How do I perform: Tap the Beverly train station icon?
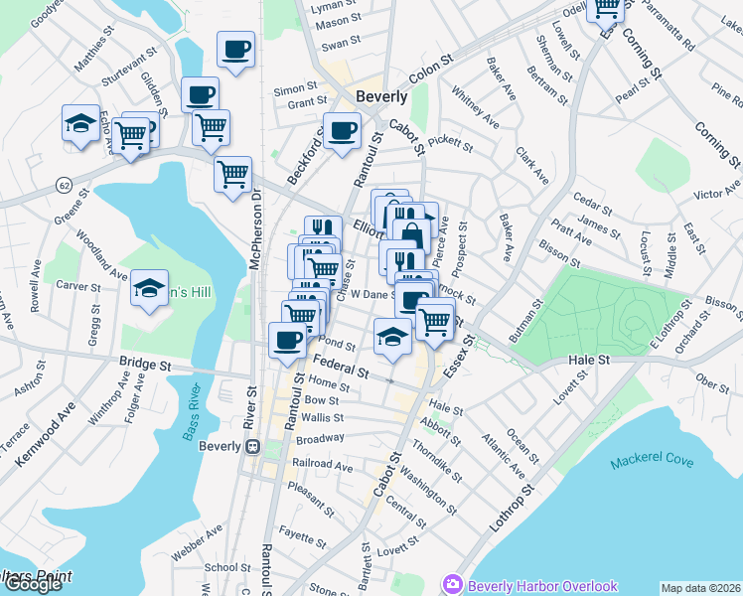[x=253, y=446]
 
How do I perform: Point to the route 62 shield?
[x=63, y=184]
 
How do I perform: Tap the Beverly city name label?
[x=381, y=97]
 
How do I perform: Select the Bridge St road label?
[x=145, y=364]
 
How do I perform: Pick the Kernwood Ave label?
[x=47, y=434]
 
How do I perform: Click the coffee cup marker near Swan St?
[x=235, y=49]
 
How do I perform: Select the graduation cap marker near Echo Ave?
[x=80, y=123]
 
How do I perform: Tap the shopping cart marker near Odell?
[x=605, y=8]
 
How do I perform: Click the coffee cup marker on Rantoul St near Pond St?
[x=288, y=340]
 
